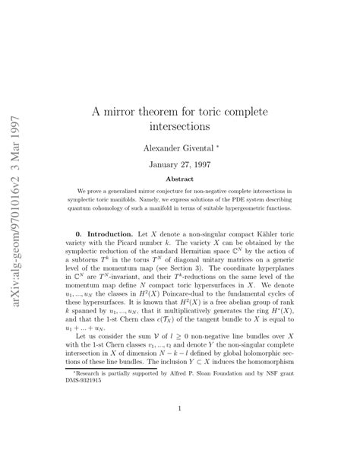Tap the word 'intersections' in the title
tap(178, 126)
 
